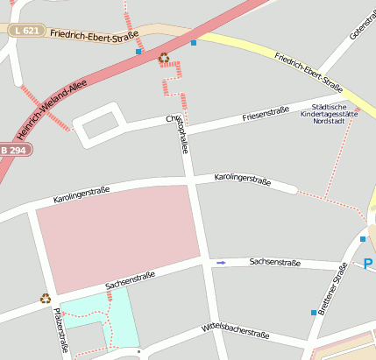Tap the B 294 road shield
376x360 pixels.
(16, 150)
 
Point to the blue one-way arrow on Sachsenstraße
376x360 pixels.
(221, 262)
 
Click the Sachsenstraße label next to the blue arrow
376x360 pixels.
(274, 262)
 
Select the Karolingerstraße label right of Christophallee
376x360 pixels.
(242, 180)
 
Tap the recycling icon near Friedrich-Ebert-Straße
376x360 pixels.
(164, 58)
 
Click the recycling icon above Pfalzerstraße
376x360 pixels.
(46, 298)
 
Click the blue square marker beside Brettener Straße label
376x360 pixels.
(313, 313)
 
